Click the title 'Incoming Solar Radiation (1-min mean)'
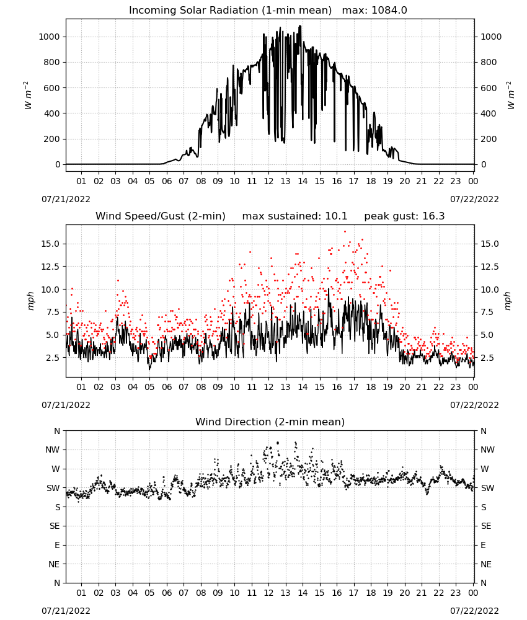230,11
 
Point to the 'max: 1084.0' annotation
374,11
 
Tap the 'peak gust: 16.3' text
404,216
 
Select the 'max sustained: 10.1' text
294,216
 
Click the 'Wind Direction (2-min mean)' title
270,422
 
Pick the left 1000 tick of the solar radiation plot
49,37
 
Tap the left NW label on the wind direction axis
53,450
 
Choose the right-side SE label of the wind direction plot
486,526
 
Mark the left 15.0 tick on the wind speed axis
50,244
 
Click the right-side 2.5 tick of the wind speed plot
487,358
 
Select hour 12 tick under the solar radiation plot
268,182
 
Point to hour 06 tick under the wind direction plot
166,593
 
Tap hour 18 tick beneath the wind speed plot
371,387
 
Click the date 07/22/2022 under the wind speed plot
474,405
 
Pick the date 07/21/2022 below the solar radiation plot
66,200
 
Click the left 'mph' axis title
31,301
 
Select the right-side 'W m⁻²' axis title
510,95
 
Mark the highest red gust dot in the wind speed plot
345,232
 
